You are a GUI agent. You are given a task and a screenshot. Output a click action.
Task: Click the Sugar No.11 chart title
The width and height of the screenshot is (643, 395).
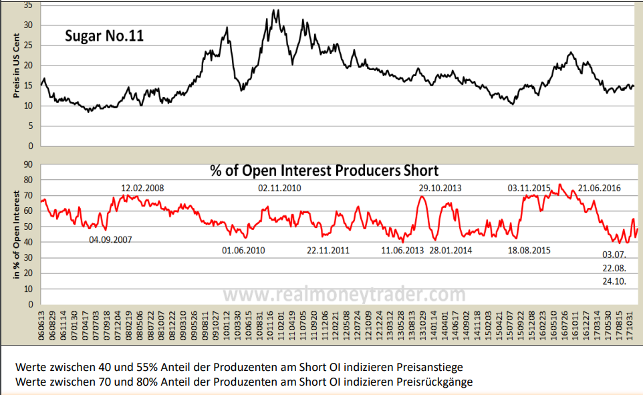104,36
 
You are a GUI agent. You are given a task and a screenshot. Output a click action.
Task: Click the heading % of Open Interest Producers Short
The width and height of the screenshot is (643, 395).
324,170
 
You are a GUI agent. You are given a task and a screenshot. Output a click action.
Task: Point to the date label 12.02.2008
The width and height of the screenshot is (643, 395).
142,188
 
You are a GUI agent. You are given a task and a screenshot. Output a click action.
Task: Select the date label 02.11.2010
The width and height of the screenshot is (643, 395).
279,188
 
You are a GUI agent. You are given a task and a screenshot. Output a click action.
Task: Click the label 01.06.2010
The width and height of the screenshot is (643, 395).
243,251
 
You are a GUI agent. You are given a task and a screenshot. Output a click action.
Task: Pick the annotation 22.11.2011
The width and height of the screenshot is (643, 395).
328,251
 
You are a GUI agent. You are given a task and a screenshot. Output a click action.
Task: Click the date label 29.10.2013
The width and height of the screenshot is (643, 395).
440,188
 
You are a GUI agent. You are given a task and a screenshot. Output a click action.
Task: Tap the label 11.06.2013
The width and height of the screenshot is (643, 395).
403,251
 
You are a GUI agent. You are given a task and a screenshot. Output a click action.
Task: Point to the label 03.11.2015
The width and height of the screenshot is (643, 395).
529,188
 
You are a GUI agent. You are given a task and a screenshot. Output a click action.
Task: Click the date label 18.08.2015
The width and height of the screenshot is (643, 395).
529,251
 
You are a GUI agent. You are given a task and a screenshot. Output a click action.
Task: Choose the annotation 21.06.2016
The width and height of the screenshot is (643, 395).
600,188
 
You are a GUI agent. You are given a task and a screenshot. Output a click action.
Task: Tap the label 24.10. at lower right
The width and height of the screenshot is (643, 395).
614,282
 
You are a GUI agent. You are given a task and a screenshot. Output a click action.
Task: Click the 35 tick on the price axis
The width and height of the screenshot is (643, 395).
28,5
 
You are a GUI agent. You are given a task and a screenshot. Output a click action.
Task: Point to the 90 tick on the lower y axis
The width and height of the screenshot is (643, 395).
28,164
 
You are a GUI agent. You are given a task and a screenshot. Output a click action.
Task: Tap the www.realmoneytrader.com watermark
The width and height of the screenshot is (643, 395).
344,294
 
